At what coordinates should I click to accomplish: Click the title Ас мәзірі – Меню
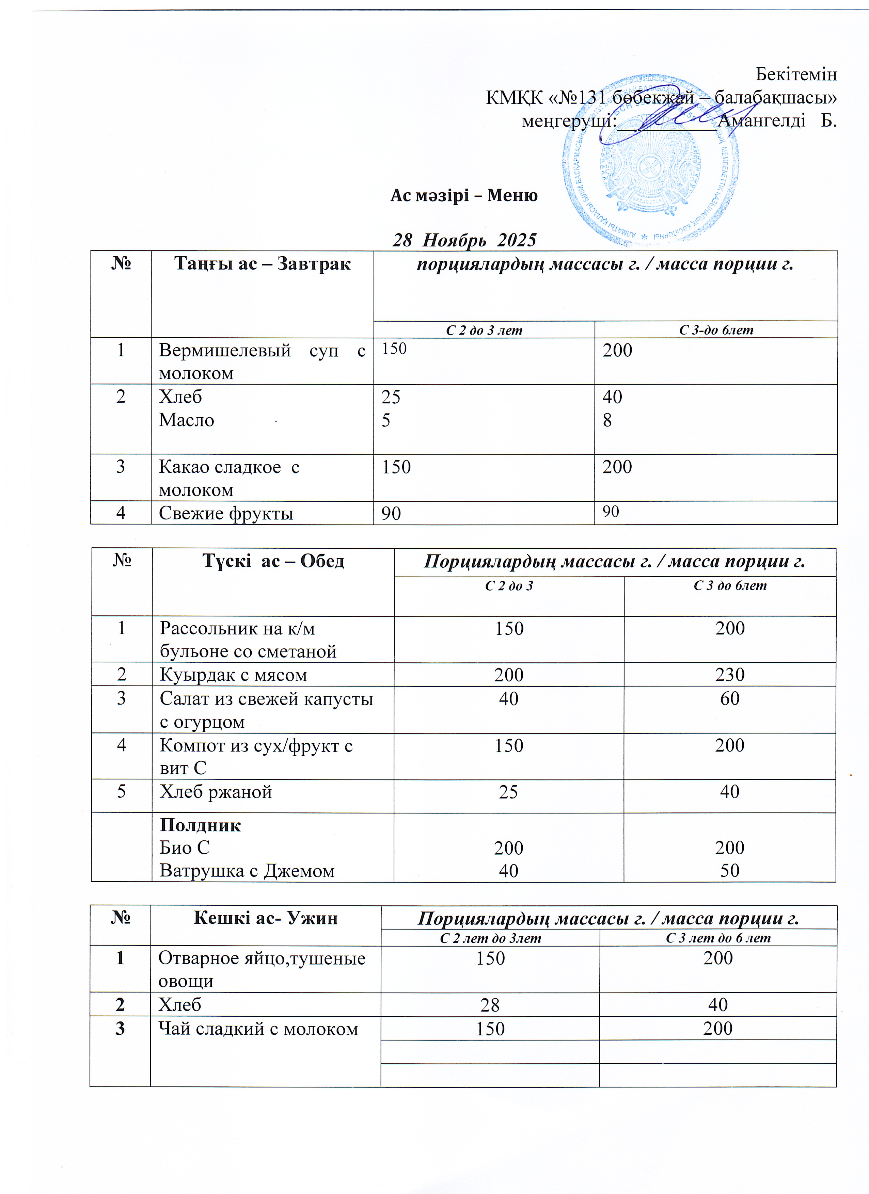463,195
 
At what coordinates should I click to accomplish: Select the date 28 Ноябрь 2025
464,240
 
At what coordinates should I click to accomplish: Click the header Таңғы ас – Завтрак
262,263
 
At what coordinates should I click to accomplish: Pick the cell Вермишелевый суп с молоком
262,361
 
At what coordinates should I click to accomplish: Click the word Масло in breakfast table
187,420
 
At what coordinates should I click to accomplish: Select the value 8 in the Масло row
607,420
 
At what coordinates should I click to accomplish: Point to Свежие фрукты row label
226,513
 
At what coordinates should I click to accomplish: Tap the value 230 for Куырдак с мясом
729,674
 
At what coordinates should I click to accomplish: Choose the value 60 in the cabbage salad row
729,699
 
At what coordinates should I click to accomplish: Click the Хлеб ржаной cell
216,792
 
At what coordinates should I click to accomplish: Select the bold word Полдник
200,825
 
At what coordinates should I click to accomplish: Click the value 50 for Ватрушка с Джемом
729,871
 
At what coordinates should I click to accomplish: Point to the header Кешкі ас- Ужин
266,918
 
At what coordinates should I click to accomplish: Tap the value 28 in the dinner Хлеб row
490,1005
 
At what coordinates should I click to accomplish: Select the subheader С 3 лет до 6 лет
718,938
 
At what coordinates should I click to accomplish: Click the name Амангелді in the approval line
761,120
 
